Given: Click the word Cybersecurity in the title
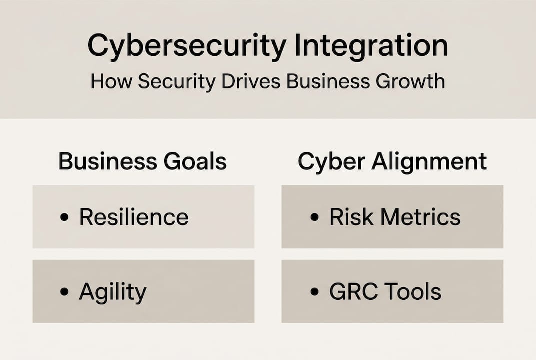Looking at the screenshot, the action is click(187, 46).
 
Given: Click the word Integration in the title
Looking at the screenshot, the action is click(371, 46).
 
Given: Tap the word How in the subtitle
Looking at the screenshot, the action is click(111, 82).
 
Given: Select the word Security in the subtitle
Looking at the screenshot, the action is click(177, 82).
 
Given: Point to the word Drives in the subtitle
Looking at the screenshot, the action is click(251, 82).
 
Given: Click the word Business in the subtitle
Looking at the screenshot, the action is click(328, 82).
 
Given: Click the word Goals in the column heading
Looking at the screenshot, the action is click(195, 161).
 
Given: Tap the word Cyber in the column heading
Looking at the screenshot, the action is click(331, 162).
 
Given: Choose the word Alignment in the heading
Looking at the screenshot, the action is click(429, 162).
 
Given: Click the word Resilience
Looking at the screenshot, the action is click(134, 217).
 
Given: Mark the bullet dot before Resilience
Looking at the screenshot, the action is click(64, 217).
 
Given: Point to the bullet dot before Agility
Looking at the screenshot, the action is click(64, 291).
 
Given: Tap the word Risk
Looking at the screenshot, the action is click(351, 217).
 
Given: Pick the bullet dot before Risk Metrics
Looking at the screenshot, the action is click(314, 217).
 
